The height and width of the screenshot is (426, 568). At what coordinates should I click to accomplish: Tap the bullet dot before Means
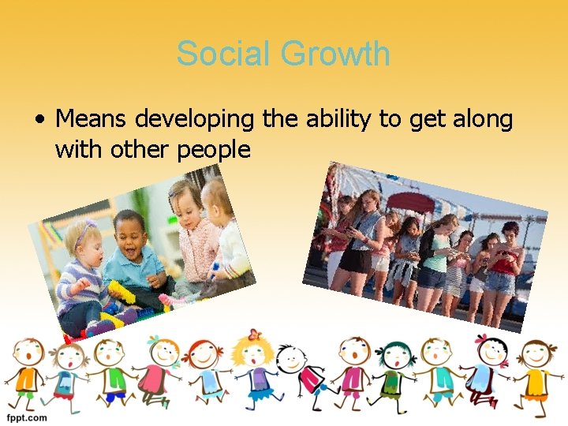pos(39,120)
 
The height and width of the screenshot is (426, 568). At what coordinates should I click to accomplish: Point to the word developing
pos(195,120)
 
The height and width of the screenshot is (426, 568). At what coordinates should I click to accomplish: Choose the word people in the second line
pos(208,149)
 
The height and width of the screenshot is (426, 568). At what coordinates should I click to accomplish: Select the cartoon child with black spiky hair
pos(293,371)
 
